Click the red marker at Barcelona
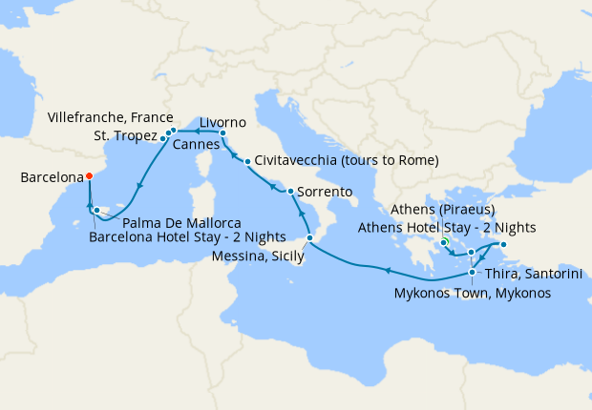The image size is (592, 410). [88, 175]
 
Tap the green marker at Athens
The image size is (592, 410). [445, 242]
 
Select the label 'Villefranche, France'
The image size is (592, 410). [111, 117]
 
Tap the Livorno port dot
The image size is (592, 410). [222, 133]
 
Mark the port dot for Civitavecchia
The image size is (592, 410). [247, 161]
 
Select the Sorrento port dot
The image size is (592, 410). [290, 192]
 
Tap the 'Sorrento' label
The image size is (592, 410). [325, 192]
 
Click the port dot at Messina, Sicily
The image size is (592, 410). [309, 237]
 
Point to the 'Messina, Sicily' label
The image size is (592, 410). [260, 256]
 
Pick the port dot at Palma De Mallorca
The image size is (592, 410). [96, 210]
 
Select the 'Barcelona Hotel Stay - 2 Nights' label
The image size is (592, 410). [186, 237]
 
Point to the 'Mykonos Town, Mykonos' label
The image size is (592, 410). [473, 294]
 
